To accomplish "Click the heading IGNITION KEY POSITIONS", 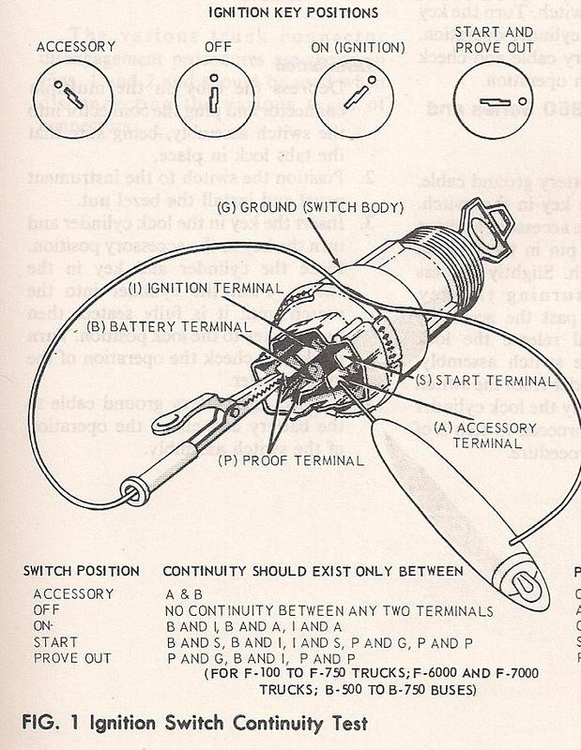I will [291, 12].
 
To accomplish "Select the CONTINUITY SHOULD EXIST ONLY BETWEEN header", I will [313, 570].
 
